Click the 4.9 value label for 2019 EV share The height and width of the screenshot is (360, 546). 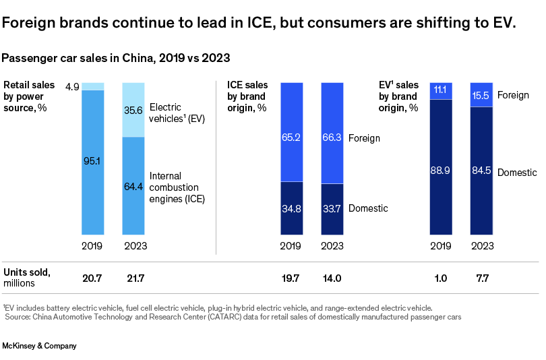tap(73, 86)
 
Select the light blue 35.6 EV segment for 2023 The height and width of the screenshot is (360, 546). tap(133, 110)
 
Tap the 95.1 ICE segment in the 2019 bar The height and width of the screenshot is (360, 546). tap(92, 162)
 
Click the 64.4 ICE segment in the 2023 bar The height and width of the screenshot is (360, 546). tap(133, 185)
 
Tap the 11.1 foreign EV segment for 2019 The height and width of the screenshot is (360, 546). tap(441, 90)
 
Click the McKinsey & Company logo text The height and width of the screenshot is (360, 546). tap(39, 346)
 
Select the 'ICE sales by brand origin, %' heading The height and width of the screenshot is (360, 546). tap(248, 96)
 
